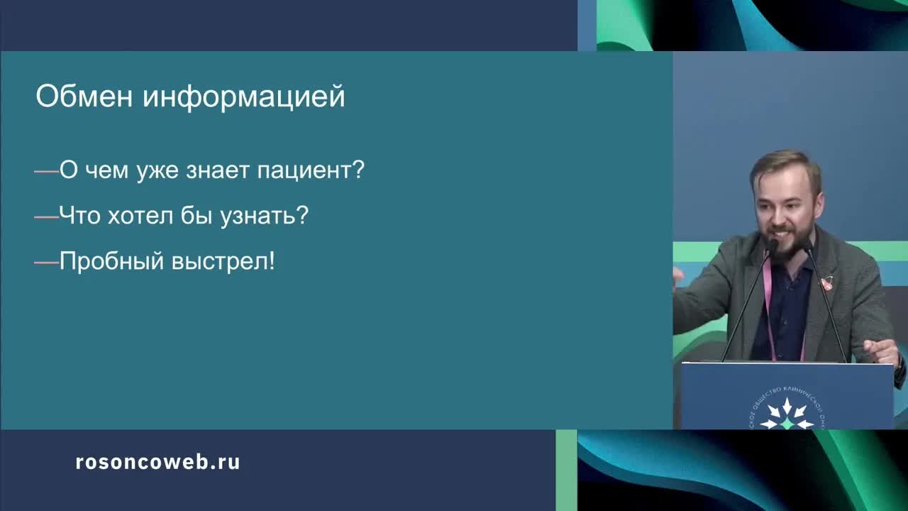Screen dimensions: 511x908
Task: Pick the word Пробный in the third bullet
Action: tap(111, 261)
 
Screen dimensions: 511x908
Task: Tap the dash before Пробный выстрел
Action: tap(47, 262)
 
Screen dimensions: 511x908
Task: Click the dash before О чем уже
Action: tap(47, 171)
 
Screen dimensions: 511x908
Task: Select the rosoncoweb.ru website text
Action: tap(157, 462)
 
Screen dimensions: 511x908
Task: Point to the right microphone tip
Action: tap(807, 246)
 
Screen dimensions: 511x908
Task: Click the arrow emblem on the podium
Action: tap(787, 414)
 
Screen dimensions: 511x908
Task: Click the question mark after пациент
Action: tap(358, 170)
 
